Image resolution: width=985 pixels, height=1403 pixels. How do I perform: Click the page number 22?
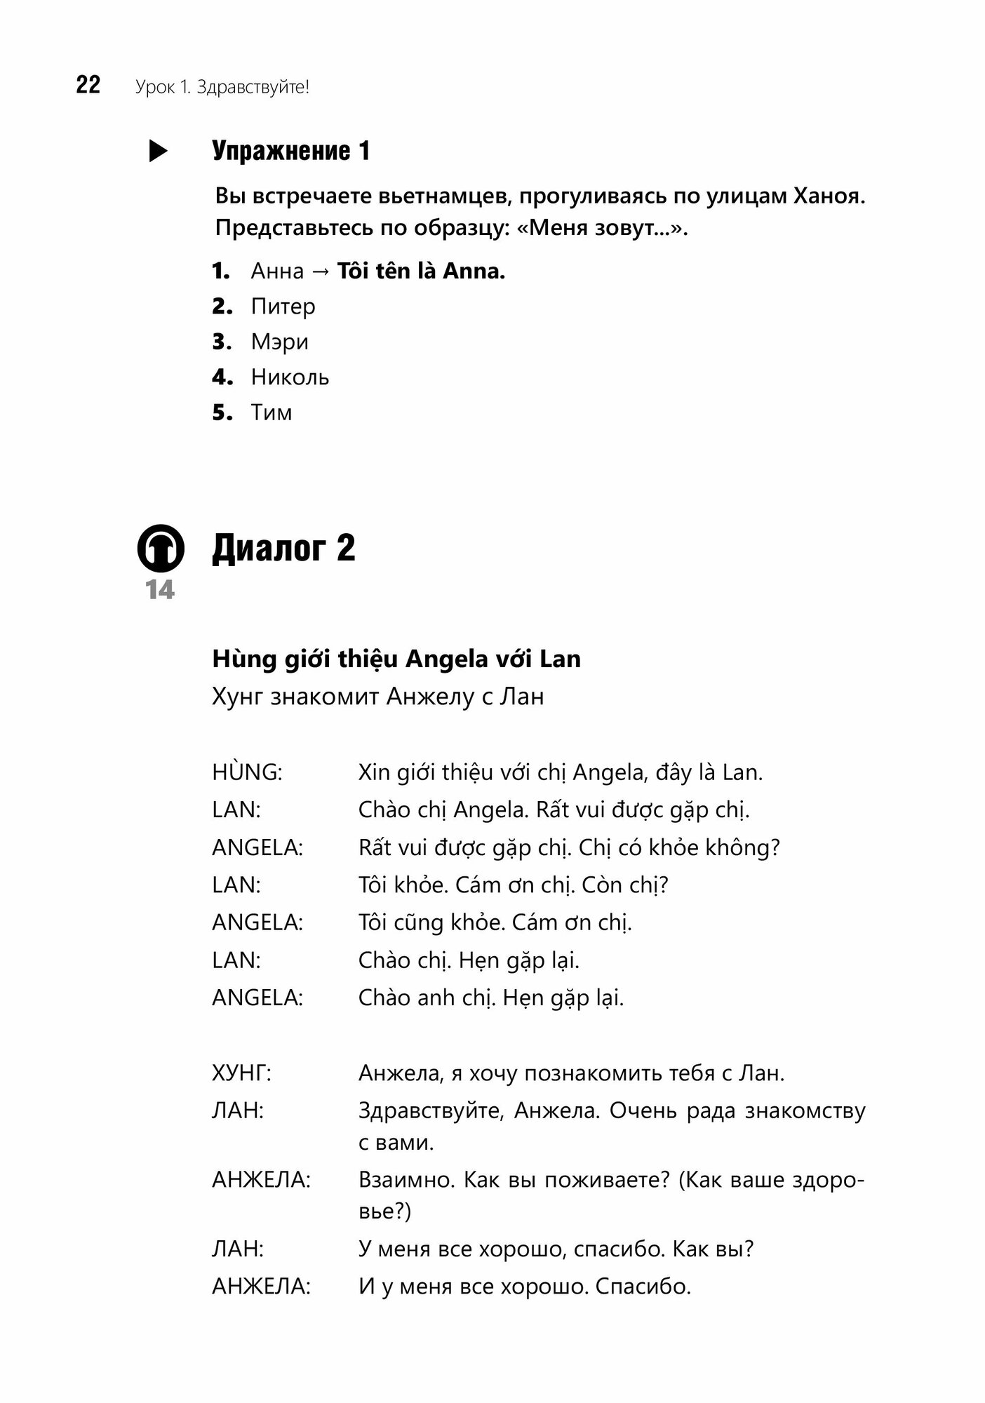pyautogui.click(x=88, y=86)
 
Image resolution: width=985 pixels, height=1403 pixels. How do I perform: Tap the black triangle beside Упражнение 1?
pyautogui.click(x=158, y=152)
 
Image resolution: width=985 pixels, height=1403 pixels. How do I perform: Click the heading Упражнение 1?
pyautogui.click(x=290, y=152)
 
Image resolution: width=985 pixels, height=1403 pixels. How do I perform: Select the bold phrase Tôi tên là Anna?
pyautogui.click(x=421, y=271)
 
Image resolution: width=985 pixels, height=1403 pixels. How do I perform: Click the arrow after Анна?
pyautogui.click(x=320, y=271)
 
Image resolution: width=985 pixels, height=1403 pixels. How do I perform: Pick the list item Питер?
pyautogui.click(x=283, y=307)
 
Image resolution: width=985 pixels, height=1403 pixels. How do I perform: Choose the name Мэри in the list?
pyautogui.click(x=279, y=342)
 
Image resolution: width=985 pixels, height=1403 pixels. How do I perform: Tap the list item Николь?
pyautogui.click(x=290, y=377)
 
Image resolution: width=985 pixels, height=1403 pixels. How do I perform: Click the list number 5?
pyautogui.click(x=222, y=413)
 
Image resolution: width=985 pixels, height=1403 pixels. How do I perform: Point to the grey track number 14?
pyautogui.click(x=161, y=591)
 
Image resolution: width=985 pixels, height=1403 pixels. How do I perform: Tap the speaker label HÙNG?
pyautogui.click(x=247, y=772)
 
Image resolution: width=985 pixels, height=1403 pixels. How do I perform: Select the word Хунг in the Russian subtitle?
pyautogui.click(x=236, y=697)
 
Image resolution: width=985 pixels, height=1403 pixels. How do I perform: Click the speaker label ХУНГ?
pyautogui.click(x=241, y=1073)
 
